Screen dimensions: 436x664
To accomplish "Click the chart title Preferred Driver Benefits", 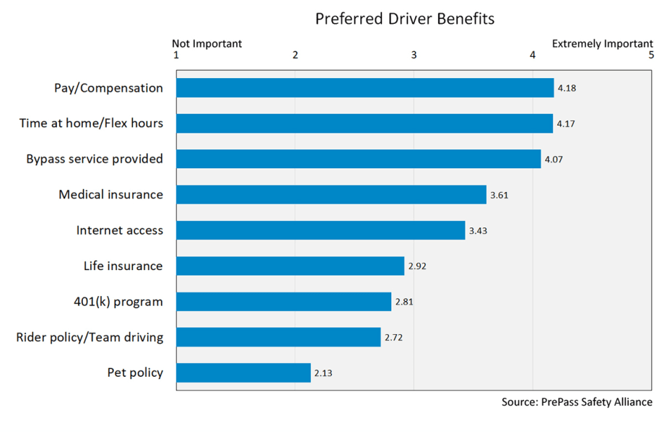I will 404,19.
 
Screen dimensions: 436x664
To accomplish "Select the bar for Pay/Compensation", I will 364,88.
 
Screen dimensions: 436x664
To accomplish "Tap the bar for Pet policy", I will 243,373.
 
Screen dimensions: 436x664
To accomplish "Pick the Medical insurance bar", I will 331,195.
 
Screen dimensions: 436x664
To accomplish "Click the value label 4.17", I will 566,124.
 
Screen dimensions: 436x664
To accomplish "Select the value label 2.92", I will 417,266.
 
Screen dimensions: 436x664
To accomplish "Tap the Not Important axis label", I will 206,43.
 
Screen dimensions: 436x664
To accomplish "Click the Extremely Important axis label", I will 602,43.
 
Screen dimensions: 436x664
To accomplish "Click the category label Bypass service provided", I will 95,159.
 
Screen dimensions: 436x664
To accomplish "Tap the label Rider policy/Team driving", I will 89,337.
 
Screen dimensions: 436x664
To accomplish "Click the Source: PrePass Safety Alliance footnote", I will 577,402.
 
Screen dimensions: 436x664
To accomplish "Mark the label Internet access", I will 120,230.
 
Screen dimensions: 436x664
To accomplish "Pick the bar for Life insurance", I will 289,266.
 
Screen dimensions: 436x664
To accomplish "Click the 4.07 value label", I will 554,160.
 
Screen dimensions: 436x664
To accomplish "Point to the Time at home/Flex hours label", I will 91,123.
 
